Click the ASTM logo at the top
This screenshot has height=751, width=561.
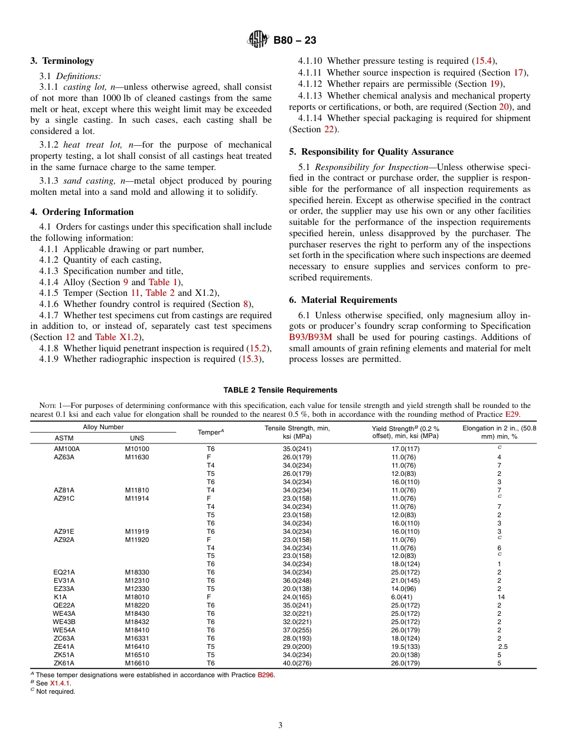click(257, 40)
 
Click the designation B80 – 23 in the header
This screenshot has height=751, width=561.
click(295, 40)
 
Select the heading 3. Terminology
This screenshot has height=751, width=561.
click(62, 61)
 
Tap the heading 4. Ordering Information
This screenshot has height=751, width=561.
click(82, 212)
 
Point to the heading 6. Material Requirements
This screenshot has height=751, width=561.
click(343, 300)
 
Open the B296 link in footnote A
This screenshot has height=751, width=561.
click(266, 675)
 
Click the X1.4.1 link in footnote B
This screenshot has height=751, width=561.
click(60, 683)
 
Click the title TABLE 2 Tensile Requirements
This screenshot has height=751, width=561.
click(280, 390)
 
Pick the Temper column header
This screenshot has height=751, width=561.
click(210, 432)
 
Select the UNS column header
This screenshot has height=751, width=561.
click(136, 438)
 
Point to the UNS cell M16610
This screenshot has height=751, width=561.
click(137, 663)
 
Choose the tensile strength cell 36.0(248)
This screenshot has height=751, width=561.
click(297, 580)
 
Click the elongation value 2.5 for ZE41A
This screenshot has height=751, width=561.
click(502, 646)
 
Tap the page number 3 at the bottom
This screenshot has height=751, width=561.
click(280, 726)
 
